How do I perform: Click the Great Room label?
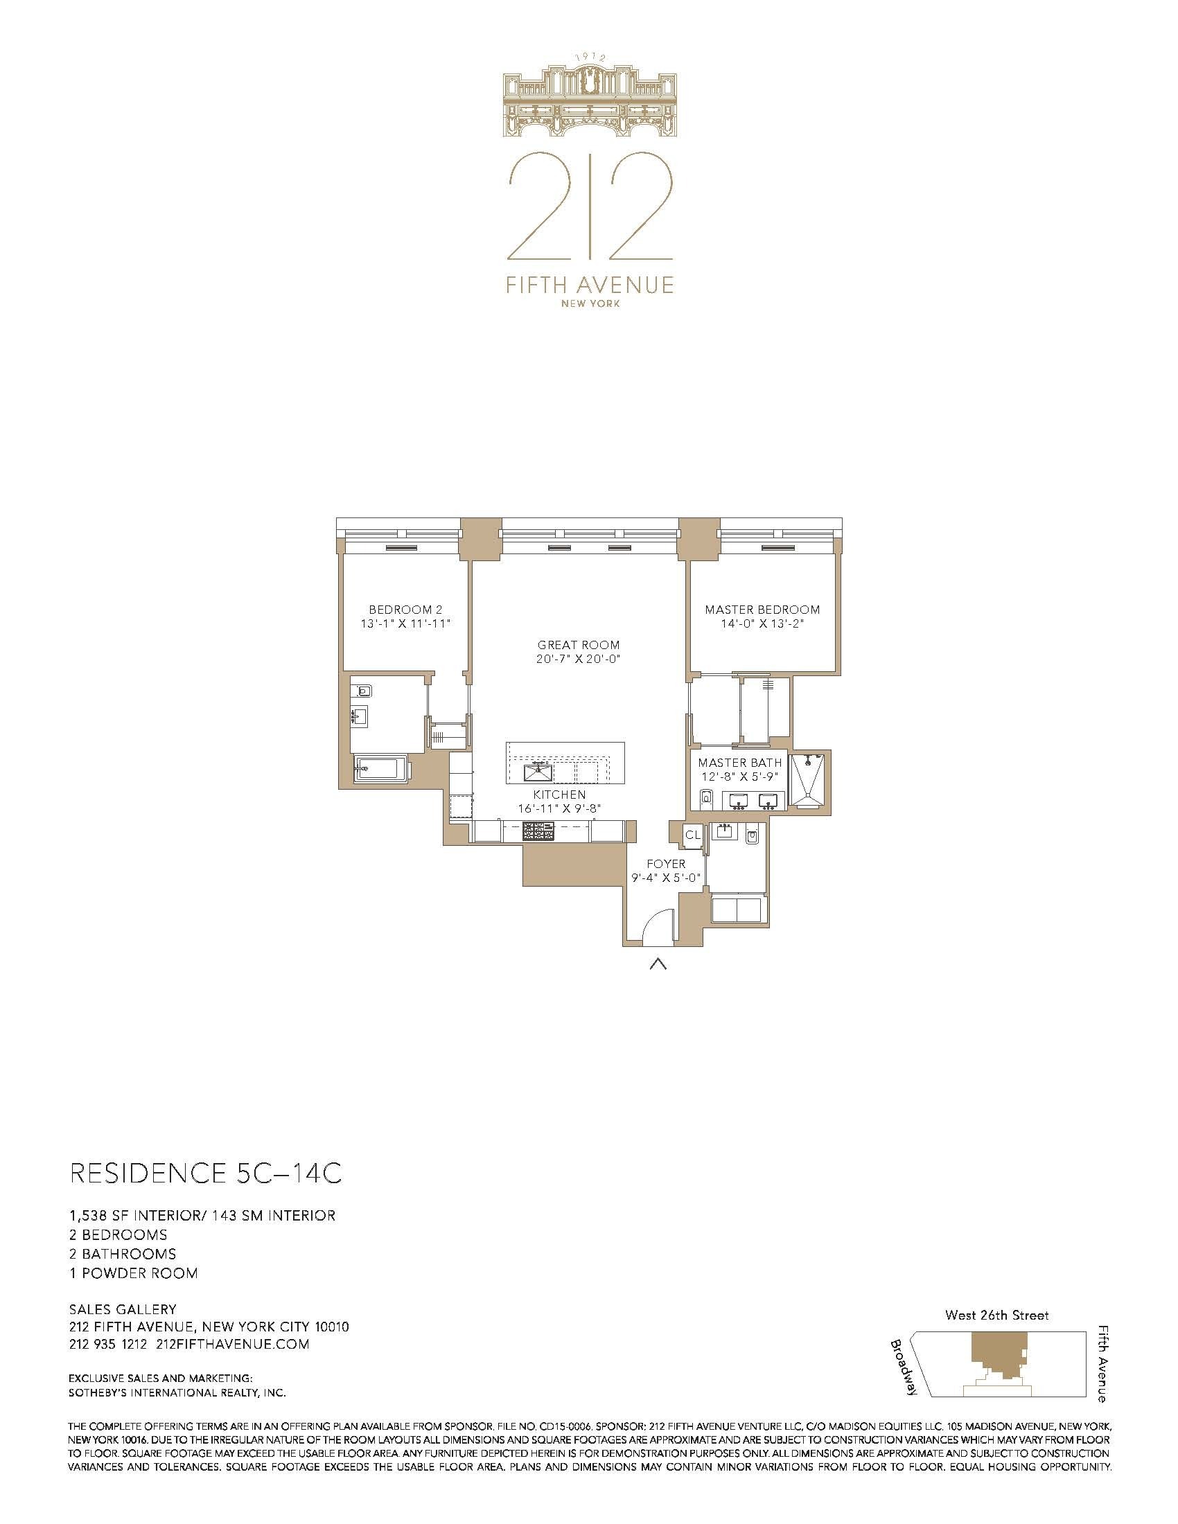[578, 645]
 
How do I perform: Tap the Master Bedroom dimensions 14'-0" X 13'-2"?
[762, 625]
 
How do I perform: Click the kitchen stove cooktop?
[538, 831]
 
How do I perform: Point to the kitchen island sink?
[539, 773]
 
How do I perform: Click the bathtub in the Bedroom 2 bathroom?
[376, 770]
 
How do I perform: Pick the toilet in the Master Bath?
[705, 797]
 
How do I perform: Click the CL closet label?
[692, 835]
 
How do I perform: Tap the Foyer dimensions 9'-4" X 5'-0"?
[666, 878]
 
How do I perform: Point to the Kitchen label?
[559, 795]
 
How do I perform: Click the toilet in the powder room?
[752, 835]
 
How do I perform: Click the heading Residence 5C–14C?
[206, 1173]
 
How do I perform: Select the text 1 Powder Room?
[132, 1273]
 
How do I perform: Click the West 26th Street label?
[996, 1315]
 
